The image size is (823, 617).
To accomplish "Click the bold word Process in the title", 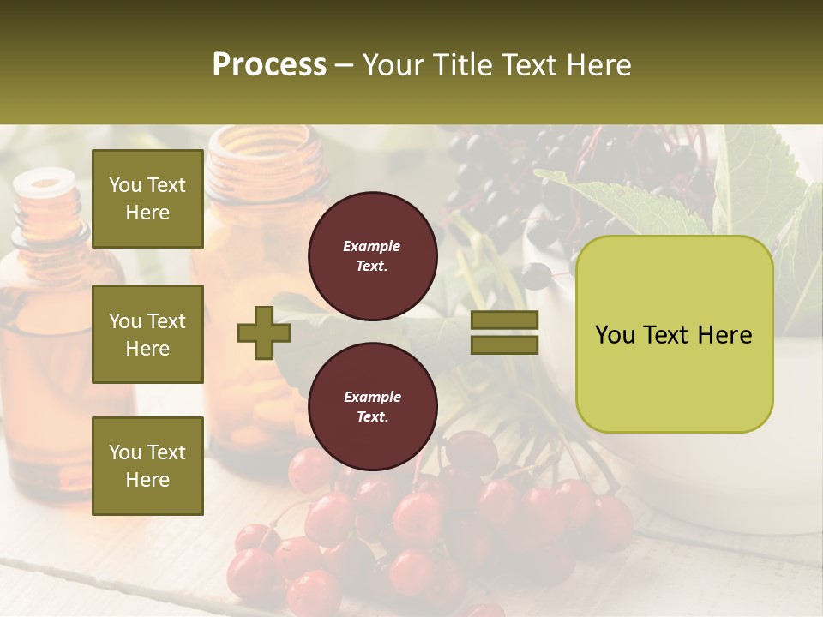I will tap(269, 65).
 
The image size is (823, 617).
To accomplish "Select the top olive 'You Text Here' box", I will tap(147, 199).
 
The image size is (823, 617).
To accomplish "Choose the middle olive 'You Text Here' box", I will tap(147, 334).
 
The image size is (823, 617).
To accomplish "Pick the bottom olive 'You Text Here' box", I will tap(147, 465).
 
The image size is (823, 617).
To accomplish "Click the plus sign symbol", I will tap(264, 332).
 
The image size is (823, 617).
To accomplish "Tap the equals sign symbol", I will tap(505, 332).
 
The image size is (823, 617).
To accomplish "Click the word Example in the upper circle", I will tap(372, 246).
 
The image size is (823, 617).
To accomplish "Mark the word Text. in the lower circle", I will tap(372, 417).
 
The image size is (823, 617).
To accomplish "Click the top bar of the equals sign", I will tap(505, 320).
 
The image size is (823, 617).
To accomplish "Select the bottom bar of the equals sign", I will tap(505, 344).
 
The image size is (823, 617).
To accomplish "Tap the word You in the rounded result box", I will tap(614, 335).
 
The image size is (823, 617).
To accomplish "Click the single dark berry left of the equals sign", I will tap(536, 274).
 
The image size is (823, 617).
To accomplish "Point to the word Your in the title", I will tap(394, 65).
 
